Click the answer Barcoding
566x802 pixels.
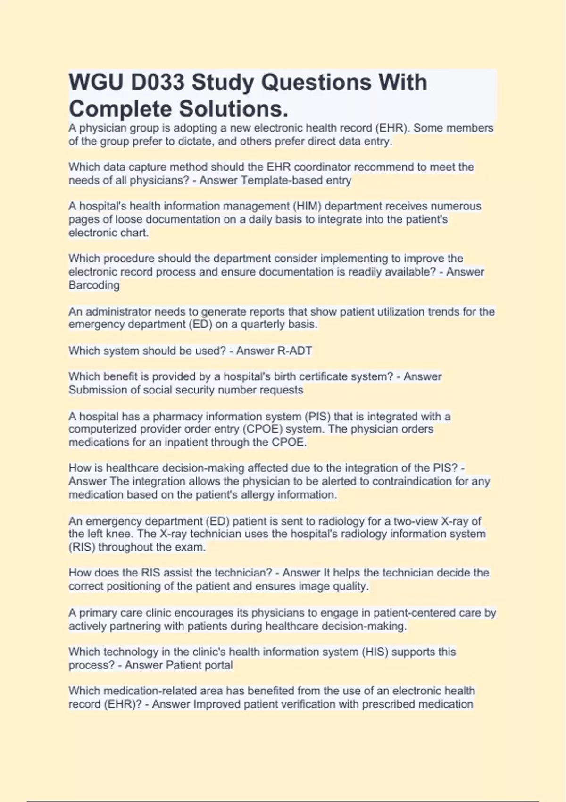click(x=94, y=285)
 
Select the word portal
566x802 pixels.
click(x=217, y=665)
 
